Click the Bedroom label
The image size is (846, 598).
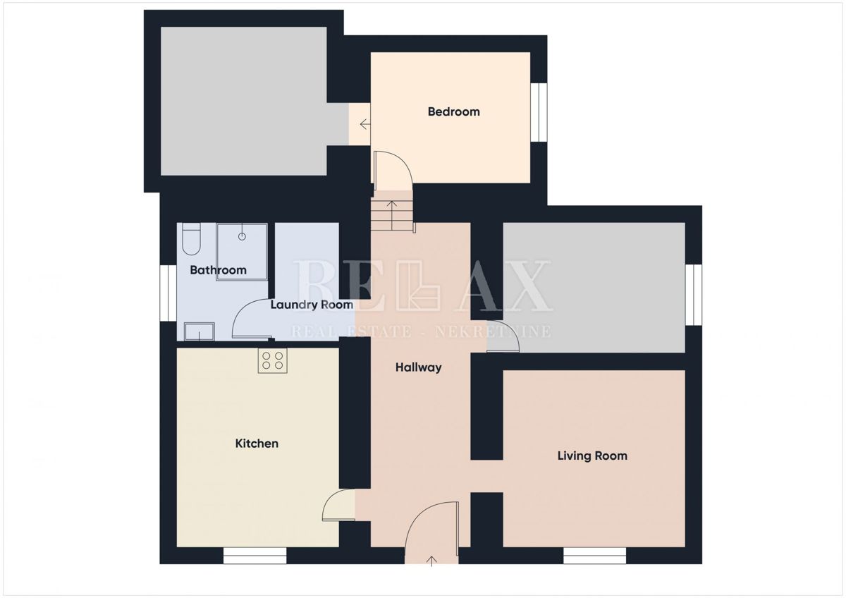[453, 111]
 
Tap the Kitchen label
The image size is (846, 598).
[257, 444]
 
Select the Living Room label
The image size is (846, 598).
[592, 456]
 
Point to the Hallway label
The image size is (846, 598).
[418, 367]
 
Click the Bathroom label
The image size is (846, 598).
[218, 270]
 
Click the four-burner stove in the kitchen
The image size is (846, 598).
[273, 361]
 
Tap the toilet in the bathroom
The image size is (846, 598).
[191, 239]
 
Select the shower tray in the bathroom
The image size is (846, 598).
[242, 252]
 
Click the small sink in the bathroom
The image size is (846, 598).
[199, 331]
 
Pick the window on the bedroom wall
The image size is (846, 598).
[539, 112]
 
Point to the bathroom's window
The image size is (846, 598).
[168, 293]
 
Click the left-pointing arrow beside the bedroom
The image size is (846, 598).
[364, 125]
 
